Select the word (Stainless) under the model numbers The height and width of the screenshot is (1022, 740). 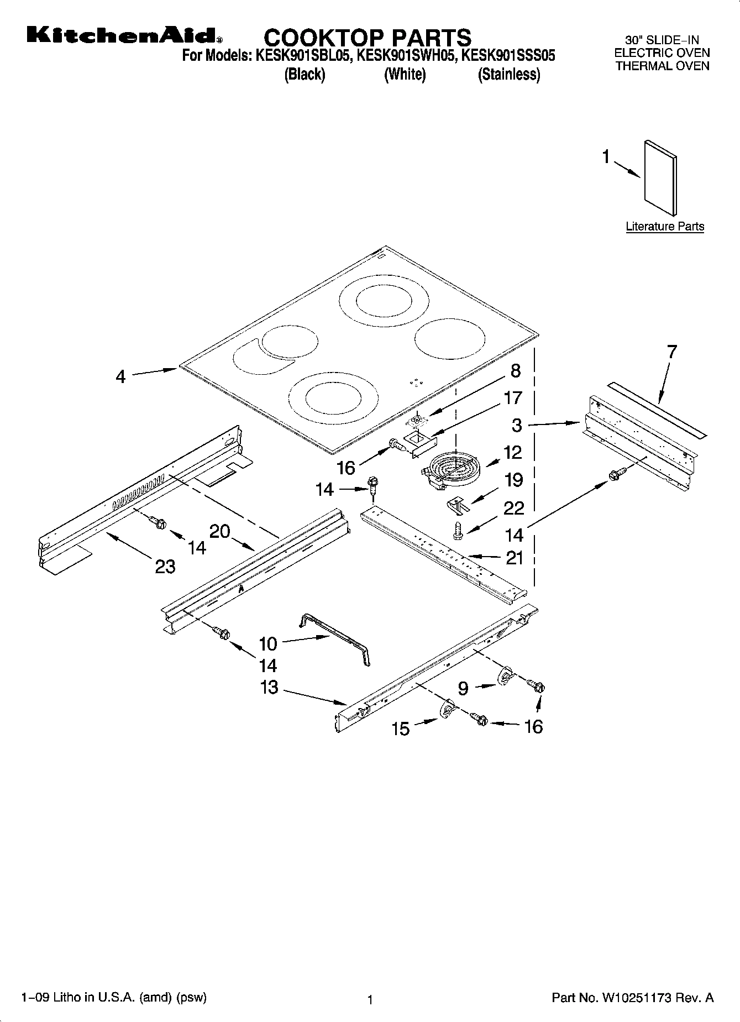[x=508, y=74]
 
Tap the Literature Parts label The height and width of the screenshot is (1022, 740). [x=665, y=226]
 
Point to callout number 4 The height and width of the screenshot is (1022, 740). [x=120, y=376]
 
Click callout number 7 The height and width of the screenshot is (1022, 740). [x=671, y=352]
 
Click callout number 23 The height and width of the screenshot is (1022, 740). [x=165, y=566]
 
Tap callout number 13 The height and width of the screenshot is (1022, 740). [x=269, y=688]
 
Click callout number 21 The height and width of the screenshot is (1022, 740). [x=514, y=558]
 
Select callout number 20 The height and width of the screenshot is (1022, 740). [x=220, y=531]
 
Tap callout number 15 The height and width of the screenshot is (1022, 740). [x=401, y=728]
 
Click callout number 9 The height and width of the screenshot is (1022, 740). [x=463, y=688]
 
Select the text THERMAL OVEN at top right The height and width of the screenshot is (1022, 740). [x=662, y=66]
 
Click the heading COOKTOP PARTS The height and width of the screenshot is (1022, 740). [x=368, y=38]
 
